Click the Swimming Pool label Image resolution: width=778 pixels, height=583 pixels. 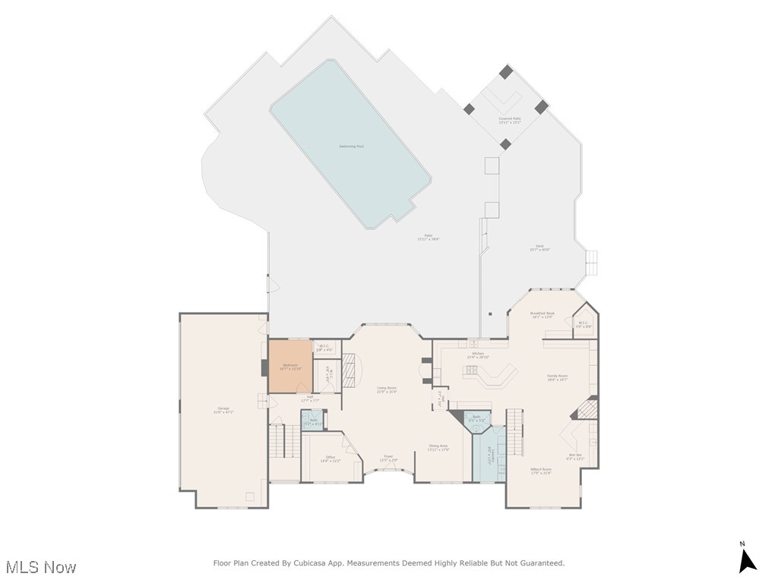coord(351,146)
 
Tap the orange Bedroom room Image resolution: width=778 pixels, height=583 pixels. coord(290,367)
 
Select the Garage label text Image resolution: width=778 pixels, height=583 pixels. coord(223,410)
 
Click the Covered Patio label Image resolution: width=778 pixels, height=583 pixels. coord(510,120)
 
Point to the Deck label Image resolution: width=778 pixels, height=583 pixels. coord(539,247)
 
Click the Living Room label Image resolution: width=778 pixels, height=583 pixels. coord(387,389)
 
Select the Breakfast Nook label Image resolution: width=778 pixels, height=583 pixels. coord(542,314)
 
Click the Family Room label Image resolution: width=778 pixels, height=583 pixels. coord(558,377)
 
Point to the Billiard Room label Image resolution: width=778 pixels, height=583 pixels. coord(541,471)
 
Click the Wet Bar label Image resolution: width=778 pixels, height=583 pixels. coord(575,457)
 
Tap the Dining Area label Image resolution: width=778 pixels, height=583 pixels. coord(438,447)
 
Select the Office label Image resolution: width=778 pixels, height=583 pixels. coord(330,459)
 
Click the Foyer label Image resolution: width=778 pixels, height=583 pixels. coord(388,458)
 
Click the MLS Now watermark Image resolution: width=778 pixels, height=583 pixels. coord(41,567)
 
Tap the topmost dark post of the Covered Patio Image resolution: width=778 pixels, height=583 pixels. coord(506,72)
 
